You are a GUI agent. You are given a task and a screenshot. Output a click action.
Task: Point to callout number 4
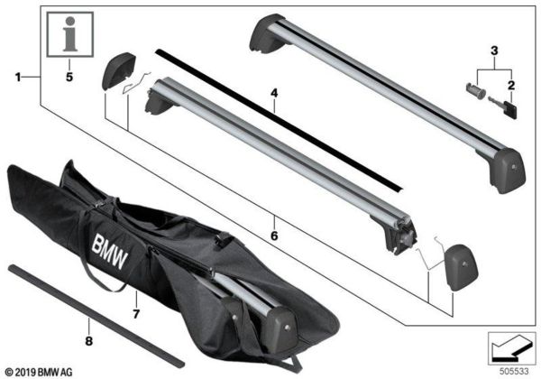[274, 92]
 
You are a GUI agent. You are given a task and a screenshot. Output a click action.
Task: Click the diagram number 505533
[512, 369]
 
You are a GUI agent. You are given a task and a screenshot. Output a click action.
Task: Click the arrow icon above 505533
[511, 347]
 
